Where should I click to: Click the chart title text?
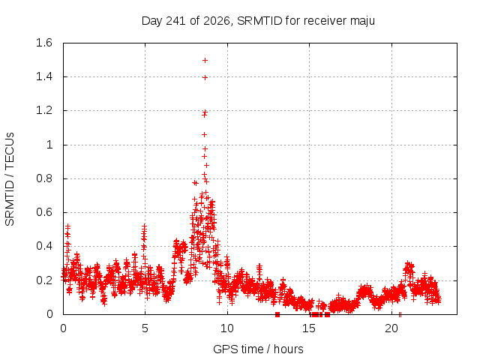[x=258, y=21]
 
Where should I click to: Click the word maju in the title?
[x=362, y=21]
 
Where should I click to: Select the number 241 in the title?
[x=175, y=21]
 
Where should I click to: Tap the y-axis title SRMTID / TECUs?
[x=10, y=179]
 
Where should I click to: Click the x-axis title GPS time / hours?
[x=258, y=349]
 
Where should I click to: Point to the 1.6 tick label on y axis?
[x=44, y=43]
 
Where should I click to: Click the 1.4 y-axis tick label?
[x=44, y=76]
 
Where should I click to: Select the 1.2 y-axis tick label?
[x=44, y=110]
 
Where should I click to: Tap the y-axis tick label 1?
[x=49, y=145]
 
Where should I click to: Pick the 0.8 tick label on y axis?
[x=44, y=178]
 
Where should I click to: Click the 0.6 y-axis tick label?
[x=44, y=212]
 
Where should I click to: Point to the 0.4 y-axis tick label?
[x=44, y=246]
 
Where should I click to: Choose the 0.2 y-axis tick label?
[x=44, y=280]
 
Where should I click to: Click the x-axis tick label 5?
[x=145, y=328]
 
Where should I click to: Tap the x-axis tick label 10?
[x=227, y=328]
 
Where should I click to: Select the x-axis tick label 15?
[x=309, y=328]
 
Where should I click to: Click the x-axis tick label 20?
[x=391, y=328]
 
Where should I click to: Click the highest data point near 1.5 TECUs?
[x=205, y=60]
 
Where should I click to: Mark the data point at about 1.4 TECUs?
[x=205, y=78]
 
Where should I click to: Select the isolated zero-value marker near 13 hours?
[x=277, y=314]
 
